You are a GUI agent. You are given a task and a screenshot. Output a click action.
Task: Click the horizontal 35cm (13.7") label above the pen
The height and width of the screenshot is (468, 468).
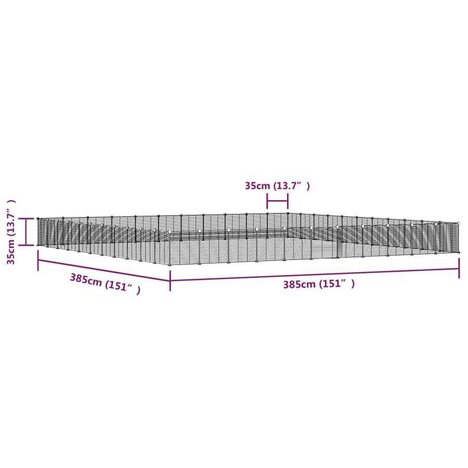(x=277, y=186)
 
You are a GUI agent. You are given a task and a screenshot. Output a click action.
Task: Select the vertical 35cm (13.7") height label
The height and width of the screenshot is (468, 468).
(x=11, y=232)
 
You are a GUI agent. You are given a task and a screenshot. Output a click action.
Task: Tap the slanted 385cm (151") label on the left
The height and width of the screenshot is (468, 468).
(x=105, y=284)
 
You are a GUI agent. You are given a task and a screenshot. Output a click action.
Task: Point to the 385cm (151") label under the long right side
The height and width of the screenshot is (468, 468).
(x=319, y=284)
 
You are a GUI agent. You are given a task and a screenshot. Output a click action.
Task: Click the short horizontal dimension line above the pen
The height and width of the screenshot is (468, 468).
(x=278, y=201)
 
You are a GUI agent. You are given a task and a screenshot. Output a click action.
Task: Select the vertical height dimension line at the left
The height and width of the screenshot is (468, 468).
(x=27, y=231)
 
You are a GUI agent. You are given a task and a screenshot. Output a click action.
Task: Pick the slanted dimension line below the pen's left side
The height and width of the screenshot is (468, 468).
(x=104, y=270)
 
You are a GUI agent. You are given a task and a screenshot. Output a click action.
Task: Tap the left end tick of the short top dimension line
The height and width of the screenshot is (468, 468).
(x=267, y=201)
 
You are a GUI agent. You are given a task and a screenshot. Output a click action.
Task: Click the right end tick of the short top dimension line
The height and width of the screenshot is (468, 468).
(x=288, y=201)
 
